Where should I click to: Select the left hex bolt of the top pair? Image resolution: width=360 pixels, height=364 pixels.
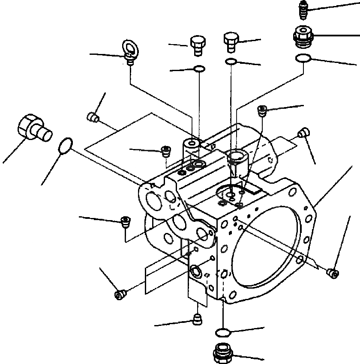(x=197, y=45)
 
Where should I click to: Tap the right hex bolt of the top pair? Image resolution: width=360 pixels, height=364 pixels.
(x=230, y=42)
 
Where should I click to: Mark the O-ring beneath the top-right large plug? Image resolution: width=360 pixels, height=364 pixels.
(x=303, y=58)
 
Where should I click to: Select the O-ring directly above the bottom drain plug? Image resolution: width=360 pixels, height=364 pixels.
(x=223, y=332)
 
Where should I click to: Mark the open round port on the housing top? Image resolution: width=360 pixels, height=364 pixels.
(x=237, y=157)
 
